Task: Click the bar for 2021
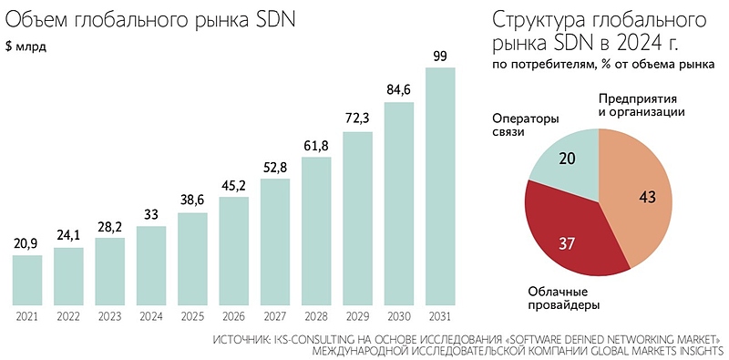coord(27,282)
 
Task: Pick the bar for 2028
coord(316,232)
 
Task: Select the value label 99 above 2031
coord(440,57)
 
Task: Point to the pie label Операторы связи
coord(525,125)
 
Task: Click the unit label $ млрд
coord(26,46)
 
